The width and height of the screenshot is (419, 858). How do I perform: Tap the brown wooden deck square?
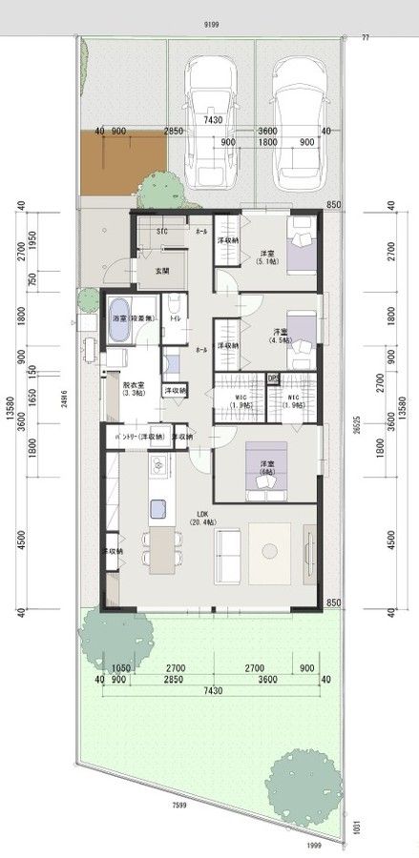tap(121, 159)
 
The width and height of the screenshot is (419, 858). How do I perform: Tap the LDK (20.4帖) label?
tap(200, 518)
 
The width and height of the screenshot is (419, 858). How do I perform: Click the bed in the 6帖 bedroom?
tap(263, 472)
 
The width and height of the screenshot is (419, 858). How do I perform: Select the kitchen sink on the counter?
tap(158, 466)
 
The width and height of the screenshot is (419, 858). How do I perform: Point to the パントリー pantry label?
tap(138, 437)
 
